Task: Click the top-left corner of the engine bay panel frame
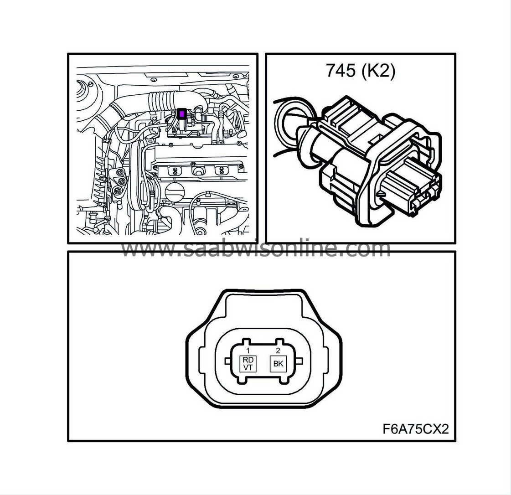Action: pyautogui.click(x=68, y=54)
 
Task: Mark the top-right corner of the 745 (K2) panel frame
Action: pyautogui.click(x=455, y=54)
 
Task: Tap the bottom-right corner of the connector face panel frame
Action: pyautogui.click(x=455, y=441)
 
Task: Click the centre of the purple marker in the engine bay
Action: pyautogui.click(x=181, y=114)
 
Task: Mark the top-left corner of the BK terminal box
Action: pyautogui.click(x=270, y=356)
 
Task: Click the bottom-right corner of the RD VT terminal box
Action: pyautogui.click(x=256, y=372)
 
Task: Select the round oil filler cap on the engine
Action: pyautogui.click(x=175, y=192)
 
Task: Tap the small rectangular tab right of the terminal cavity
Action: pyautogui.click(x=300, y=361)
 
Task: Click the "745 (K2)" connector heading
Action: pyautogui.click(x=361, y=71)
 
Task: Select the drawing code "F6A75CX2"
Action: pyautogui.click(x=416, y=429)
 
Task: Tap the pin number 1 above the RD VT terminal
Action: pyautogui.click(x=248, y=351)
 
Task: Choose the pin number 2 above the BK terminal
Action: pyautogui.click(x=278, y=351)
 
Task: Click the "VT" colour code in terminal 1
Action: pyautogui.click(x=248, y=367)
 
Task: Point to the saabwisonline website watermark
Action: pyautogui.click(x=256, y=249)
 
